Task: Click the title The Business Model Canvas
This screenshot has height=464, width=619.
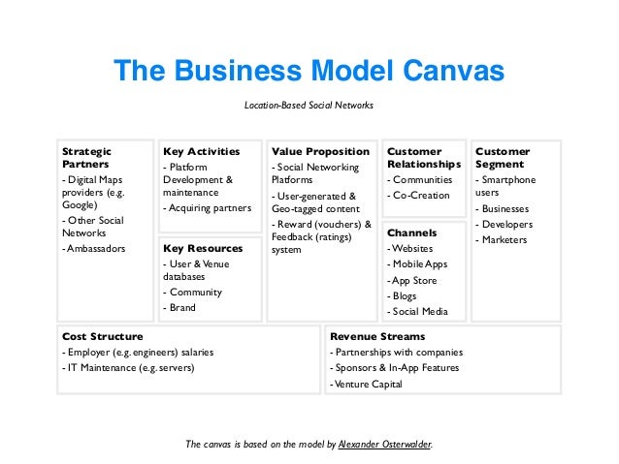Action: (309, 71)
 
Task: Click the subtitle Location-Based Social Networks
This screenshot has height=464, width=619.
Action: (309, 105)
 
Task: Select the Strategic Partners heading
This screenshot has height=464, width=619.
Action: (86, 158)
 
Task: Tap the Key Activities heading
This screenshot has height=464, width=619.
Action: (201, 152)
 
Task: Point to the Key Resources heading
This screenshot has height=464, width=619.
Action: (203, 248)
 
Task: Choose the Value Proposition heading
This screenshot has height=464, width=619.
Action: (320, 152)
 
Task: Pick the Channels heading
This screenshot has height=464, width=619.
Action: (411, 232)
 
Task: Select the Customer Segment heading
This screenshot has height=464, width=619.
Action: (503, 158)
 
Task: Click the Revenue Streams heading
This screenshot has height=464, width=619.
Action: (376, 336)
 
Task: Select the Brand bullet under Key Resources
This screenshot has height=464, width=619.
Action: (179, 308)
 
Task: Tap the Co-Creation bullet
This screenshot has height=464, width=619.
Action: (418, 196)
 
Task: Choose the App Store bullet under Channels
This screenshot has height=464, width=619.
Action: (416, 281)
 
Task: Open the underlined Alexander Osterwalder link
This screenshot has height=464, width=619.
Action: (384, 445)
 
